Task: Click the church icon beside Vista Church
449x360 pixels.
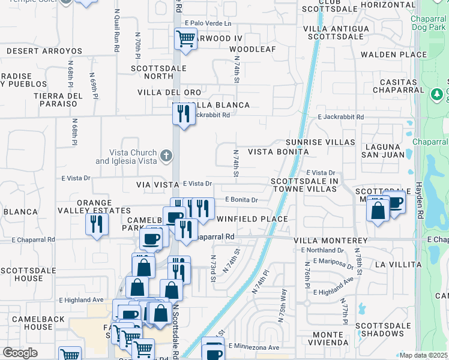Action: (x=167, y=157)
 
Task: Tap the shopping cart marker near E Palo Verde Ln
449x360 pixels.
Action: (x=185, y=40)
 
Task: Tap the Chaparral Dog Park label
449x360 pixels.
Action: (x=429, y=23)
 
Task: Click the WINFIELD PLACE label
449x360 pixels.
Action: (x=252, y=219)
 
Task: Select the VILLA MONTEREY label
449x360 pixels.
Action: (x=331, y=240)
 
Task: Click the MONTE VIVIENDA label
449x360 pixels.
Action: (x=328, y=339)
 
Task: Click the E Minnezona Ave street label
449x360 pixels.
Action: (x=254, y=347)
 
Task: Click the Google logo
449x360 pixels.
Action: (x=20, y=353)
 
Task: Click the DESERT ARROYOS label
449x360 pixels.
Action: (x=44, y=52)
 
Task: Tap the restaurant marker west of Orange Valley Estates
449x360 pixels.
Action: (x=95, y=225)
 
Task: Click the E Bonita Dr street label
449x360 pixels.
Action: (x=241, y=200)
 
